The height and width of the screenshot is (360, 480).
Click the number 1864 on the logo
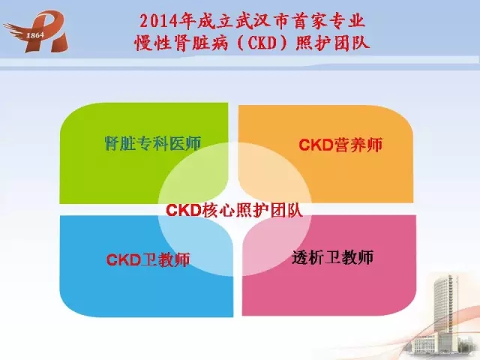pos(35,35)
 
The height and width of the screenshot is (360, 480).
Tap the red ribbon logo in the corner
pos(36,31)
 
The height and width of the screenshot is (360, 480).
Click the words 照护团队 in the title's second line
pos(332,43)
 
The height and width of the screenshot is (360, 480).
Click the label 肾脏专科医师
pos(153,143)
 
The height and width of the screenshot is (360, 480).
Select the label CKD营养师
pos(340,145)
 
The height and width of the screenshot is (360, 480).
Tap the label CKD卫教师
pos(148,260)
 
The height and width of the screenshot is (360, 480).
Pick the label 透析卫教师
pos(333,257)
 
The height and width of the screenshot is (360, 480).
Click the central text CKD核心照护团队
pos(234,210)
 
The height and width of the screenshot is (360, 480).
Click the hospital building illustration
pos(444,315)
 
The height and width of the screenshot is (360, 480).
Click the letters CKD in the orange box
pos(316,145)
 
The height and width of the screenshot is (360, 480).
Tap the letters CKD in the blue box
pos(123,260)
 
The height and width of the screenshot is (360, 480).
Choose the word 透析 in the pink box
pos(308,257)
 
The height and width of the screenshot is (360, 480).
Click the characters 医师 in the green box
pos(185,143)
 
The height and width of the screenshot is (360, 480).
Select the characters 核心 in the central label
pos(218,210)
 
